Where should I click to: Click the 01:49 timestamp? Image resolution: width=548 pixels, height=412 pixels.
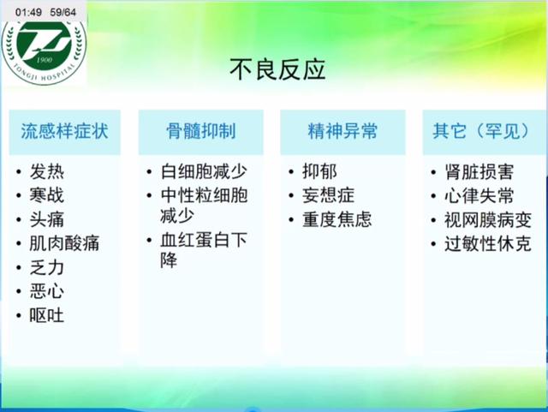[21, 10]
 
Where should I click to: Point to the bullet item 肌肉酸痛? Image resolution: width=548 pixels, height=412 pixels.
[64, 243]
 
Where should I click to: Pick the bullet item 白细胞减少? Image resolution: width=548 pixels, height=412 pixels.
[204, 171]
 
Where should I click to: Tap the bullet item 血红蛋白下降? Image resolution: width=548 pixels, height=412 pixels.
[204, 250]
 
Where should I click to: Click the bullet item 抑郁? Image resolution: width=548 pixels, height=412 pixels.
[319, 171]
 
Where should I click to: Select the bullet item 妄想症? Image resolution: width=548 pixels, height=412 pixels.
[328, 195]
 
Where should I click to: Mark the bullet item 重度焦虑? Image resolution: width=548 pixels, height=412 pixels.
[337, 219]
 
